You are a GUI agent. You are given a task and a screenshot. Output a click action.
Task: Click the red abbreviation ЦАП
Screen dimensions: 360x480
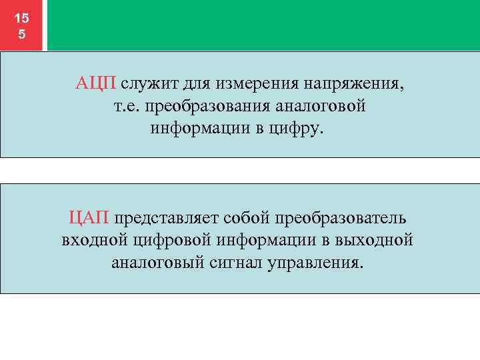pyautogui.click(x=89, y=217)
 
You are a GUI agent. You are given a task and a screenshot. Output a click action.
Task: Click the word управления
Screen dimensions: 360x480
pyautogui.click(x=316, y=260)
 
